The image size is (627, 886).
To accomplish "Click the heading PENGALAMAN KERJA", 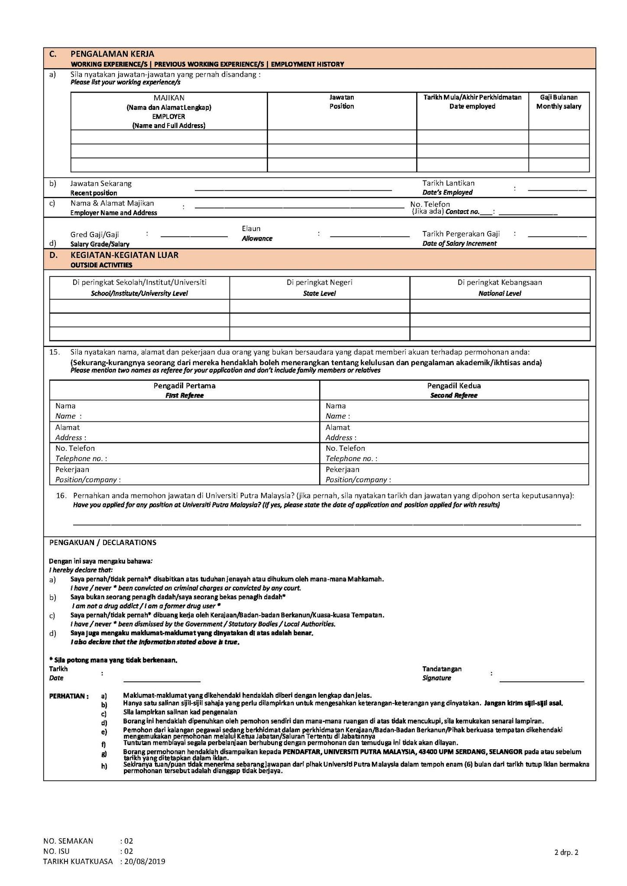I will (x=112, y=54).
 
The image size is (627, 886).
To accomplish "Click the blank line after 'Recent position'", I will (x=293, y=189).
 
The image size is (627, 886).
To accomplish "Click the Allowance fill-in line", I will (x=369, y=236).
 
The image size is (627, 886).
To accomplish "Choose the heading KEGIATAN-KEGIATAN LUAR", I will (x=124, y=255).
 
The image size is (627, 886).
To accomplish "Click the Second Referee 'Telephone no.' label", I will (x=351, y=459).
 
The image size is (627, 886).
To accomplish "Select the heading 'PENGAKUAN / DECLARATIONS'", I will (x=103, y=543).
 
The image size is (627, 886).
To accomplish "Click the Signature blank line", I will (x=542, y=681).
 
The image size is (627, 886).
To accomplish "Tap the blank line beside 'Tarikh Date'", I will (x=162, y=681).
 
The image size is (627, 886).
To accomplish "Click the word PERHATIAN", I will (x=68, y=696).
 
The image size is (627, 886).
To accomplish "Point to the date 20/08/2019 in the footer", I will (x=144, y=861).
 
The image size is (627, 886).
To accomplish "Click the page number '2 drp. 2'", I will (x=566, y=853).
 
